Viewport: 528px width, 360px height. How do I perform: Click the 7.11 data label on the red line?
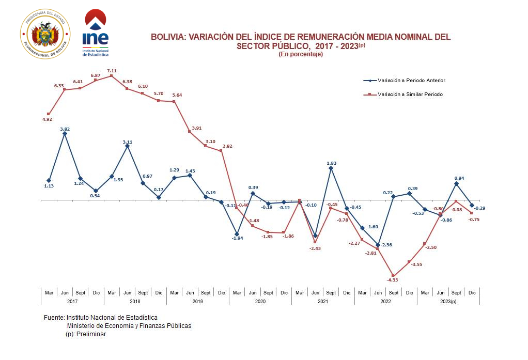pyautogui.click(x=112, y=71)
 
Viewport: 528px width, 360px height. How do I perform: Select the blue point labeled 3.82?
pyautogui.click(x=65, y=133)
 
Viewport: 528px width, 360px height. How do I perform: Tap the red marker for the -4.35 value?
pyautogui.click(x=394, y=276)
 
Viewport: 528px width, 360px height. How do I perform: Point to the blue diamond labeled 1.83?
pyautogui.click(x=331, y=168)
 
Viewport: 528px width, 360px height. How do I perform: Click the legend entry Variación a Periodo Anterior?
pyautogui.click(x=411, y=81)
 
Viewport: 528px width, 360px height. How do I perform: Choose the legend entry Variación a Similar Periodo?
pyautogui.click(x=410, y=95)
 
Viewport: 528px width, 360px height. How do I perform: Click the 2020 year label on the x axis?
pyautogui.click(x=260, y=301)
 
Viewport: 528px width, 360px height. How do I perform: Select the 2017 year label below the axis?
pyautogui.click(x=72, y=301)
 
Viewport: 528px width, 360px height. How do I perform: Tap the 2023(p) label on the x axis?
pyautogui.click(x=448, y=301)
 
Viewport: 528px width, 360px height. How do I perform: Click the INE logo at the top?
pyautogui.click(x=96, y=33)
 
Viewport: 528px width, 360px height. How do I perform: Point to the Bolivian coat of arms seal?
pyautogui.click(x=44, y=34)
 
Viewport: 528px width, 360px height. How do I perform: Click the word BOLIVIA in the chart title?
pyautogui.click(x=167, y=37)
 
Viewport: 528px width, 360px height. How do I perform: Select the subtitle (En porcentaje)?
pyautogui.click(x=301, y=54)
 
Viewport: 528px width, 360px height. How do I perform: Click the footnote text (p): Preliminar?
pyautogui.click(x=86, y=334)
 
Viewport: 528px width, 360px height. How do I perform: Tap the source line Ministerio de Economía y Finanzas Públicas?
pyautogui.click(x=129, y=326)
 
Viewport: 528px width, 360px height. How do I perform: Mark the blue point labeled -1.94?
pyautogui.click(x=237, y=234)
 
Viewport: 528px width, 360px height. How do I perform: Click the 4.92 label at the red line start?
pyautogui.click(x=48, y=119)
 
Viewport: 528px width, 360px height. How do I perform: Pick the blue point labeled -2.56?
pyautogui.click(x=378, y=245)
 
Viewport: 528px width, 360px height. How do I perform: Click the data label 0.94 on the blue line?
pyautogui.click(x=459, y=178)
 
